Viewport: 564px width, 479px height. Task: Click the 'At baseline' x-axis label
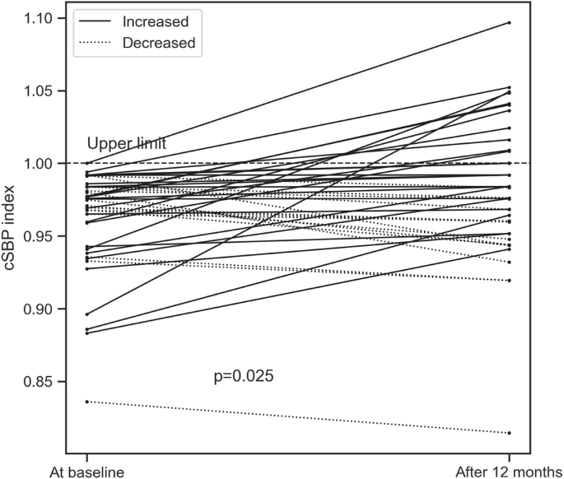87,472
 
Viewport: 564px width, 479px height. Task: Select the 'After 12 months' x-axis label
510,472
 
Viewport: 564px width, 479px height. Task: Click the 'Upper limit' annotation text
127,144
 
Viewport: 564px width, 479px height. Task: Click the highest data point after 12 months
510,22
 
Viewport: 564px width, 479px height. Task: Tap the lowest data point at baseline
87,402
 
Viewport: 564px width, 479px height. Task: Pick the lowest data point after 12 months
510,433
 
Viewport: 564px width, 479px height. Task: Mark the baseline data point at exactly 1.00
87,164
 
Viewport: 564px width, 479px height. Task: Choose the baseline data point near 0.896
87,314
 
